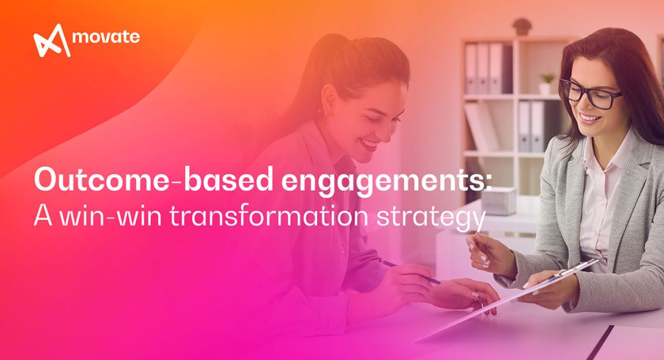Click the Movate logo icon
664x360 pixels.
[x=51, y=40]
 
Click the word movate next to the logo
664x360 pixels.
[x=106, y=37]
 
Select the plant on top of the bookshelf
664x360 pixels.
[x=521, y=27]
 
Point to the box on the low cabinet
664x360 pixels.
[x=498, y=200]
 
